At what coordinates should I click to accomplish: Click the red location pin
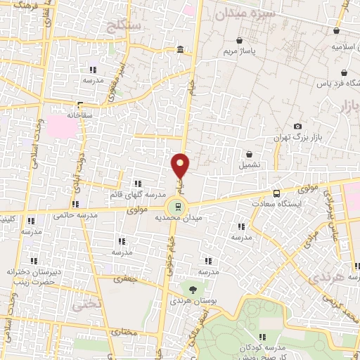[181, 166]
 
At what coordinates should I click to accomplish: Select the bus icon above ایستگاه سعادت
[276, 193]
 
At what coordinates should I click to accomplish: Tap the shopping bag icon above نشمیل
[249, 154]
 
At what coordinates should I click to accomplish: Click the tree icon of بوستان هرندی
[191, 288]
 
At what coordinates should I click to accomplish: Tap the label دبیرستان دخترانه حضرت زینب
[31, 276]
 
